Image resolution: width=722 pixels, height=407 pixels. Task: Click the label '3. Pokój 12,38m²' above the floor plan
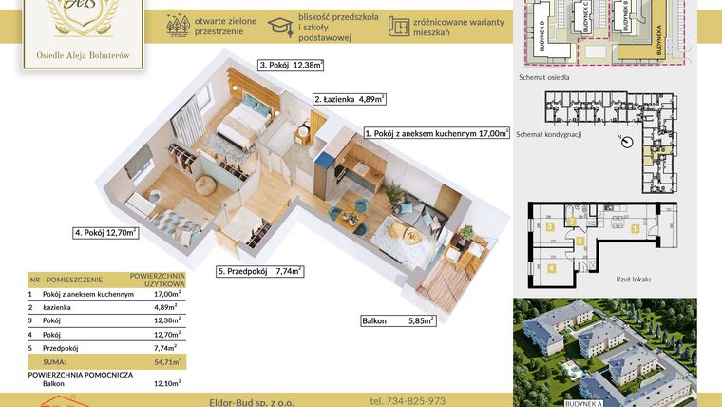291,66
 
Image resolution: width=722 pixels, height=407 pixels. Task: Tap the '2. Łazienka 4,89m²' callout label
349,98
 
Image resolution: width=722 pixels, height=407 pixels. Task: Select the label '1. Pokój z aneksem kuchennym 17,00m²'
437,134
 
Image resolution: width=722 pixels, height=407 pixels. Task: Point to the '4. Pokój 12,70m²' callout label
105,231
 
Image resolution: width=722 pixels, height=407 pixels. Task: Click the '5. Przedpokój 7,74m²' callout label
259,271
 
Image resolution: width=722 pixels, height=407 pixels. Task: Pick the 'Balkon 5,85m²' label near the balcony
398,321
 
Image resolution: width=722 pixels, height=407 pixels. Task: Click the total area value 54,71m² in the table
168,362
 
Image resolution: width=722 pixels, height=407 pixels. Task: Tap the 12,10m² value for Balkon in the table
167,383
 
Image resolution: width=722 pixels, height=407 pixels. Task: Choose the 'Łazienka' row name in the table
60,308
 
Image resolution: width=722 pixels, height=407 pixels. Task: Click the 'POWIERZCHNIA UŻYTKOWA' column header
156,281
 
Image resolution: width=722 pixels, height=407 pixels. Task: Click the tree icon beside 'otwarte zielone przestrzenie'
176,26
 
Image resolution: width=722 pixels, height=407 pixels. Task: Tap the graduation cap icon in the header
280,26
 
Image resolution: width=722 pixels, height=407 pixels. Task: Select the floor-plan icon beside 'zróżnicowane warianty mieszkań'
400,26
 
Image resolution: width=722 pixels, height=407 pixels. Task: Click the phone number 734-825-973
407,400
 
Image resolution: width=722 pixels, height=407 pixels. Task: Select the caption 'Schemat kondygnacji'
548,134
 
